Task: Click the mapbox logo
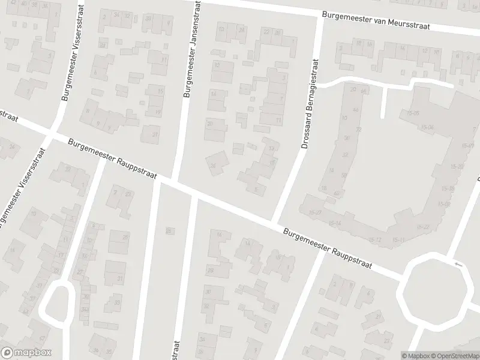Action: tap(26, 352)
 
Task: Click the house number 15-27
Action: tap(316, 213)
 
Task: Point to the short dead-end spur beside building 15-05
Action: tap(384, 103)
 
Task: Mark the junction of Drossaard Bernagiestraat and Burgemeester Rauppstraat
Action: tap(277, 219)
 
